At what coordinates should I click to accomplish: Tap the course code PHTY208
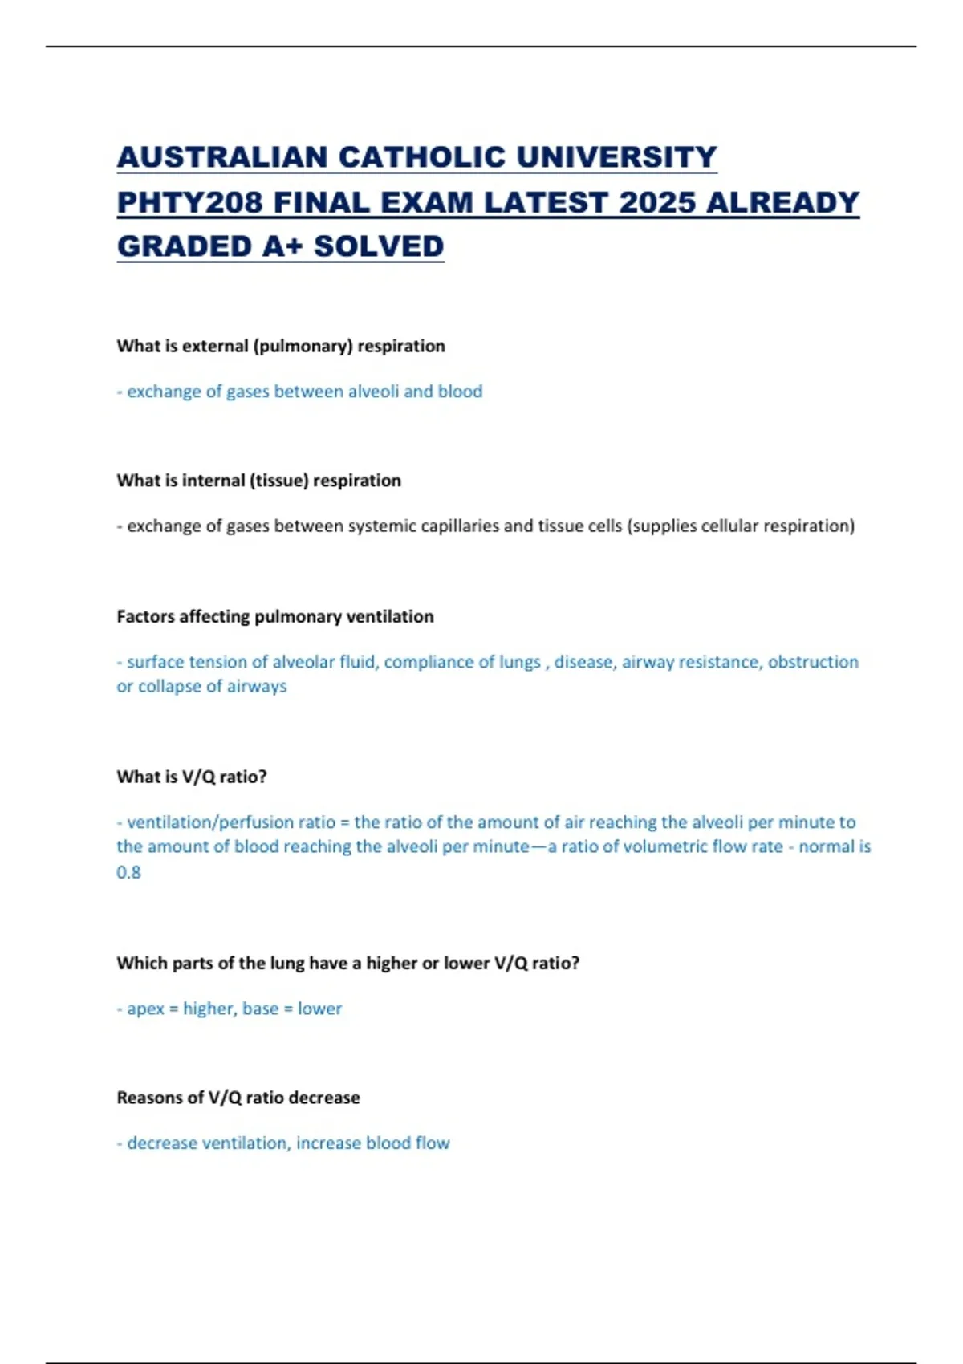click(x=189, y=202)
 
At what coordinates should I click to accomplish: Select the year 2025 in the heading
click(x=656, y=202)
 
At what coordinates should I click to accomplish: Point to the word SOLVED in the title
click(x=378, y=246)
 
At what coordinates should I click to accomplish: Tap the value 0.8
click(x=128, y=872)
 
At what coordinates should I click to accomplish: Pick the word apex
click(x=146, y=1009)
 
